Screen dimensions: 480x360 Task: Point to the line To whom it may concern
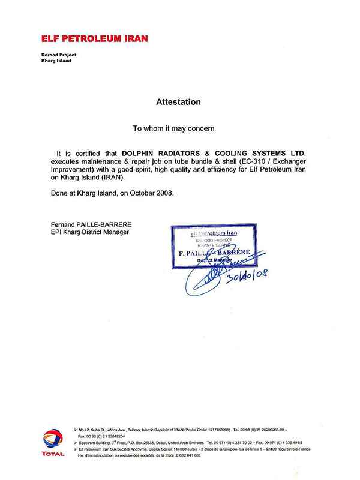[x=173, y=128]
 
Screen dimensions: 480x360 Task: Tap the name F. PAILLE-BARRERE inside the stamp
[x=218, y=253]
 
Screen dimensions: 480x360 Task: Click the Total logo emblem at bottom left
[x=53, y=437]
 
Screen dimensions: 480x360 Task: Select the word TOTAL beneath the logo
[x=53, y=454]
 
